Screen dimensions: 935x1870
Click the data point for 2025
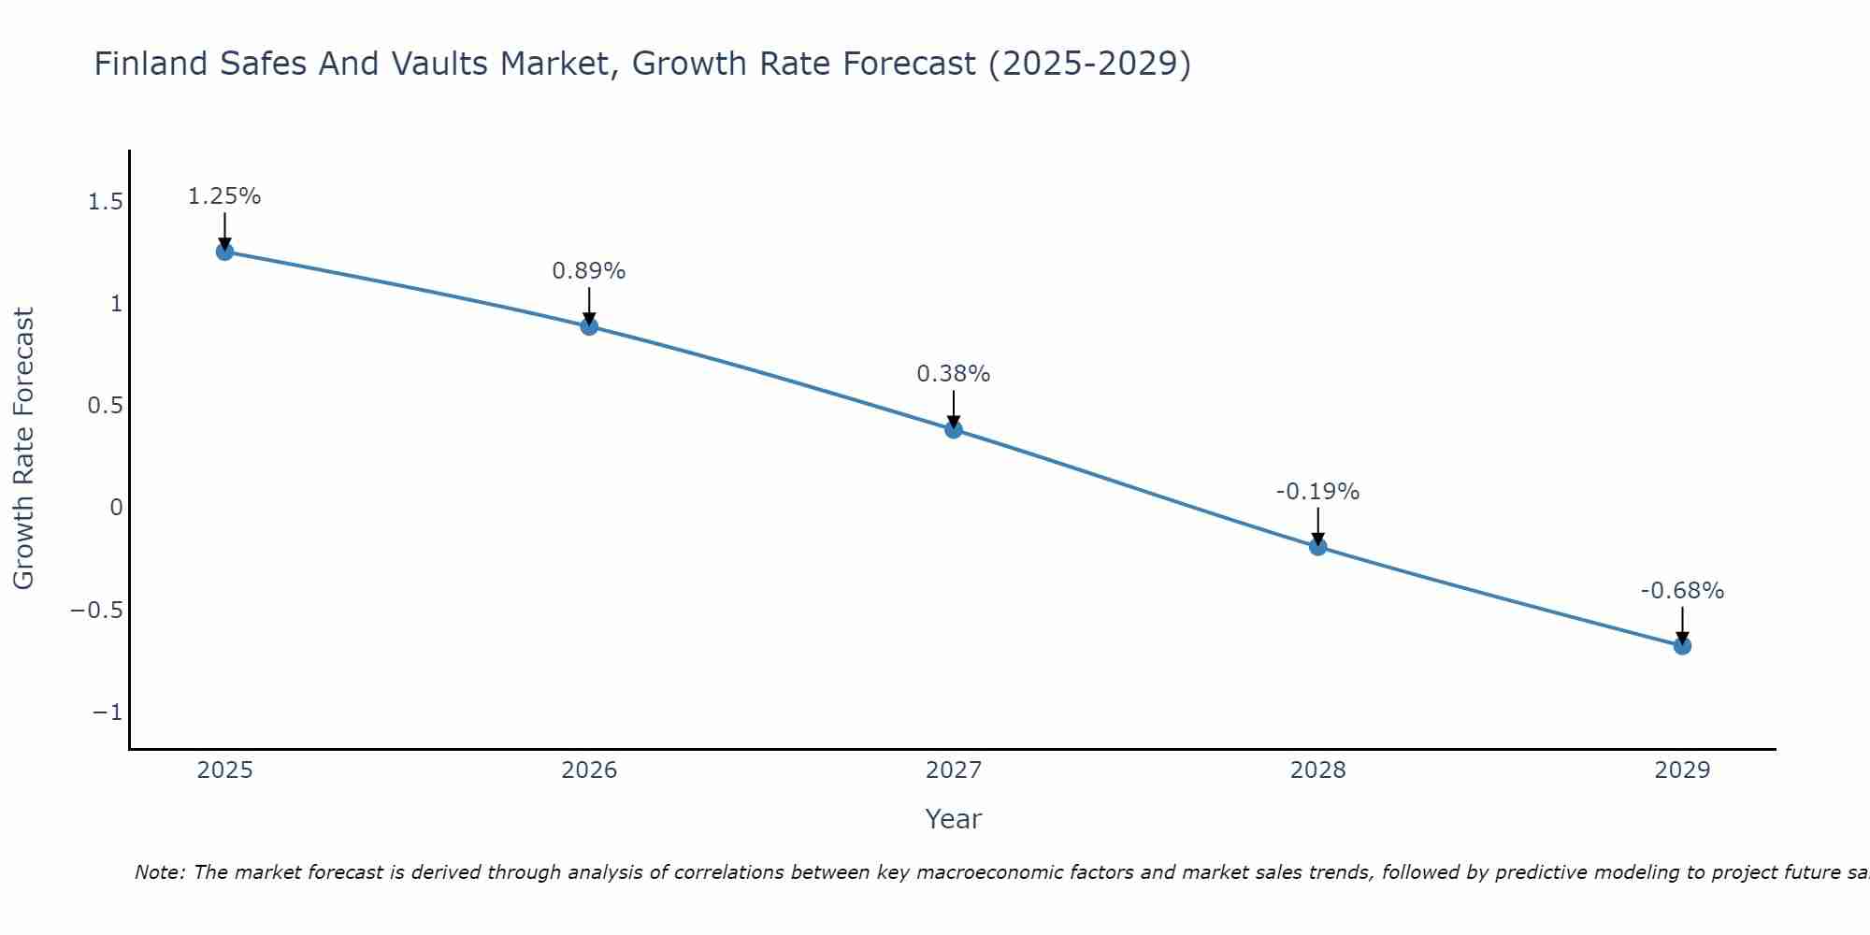(x=224, y=252)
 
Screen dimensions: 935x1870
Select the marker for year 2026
(x=589, y=326)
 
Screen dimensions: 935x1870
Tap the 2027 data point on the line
(x=954, y=429)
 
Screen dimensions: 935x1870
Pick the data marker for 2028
(x=1318, y=546)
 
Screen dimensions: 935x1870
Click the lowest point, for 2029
(x=1682, y=645)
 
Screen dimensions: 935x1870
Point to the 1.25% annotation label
(x=224, y=196)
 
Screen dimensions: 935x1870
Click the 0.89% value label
(x=589, y=271)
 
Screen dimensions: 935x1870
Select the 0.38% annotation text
(x=954, y=374)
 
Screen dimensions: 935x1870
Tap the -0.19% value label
(x=1318, y=492)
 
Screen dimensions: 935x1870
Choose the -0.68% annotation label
(x=1682, y=591)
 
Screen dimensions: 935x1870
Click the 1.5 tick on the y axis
(x=105, y=202)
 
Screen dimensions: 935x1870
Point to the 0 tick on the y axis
(x=116, y=508)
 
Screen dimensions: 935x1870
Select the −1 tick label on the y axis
(x=108, y=712)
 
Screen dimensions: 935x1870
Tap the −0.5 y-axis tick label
(x=97, y=611)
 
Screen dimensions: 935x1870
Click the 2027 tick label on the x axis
(x=954, y=770)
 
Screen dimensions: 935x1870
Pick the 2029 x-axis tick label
(x=1682, y=770)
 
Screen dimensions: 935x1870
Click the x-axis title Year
(x=954, y=819)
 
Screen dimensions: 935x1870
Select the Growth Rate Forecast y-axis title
(x=23, y=449)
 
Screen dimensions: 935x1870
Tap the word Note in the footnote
(x=160, y=872)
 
